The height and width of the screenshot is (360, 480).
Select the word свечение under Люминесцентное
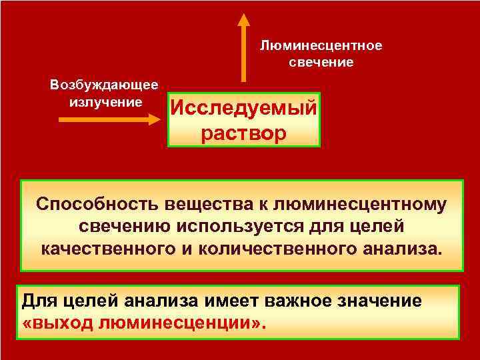pyautogui.click(x=321, y=62)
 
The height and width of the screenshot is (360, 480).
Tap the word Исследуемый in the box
pyautogui.click(x=243, y=107)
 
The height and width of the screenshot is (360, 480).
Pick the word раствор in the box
pyautogui.click(x=243, y=132)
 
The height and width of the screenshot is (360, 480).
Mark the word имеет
pyautogui.click(x=213, y=301)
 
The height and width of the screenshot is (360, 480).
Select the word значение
pyautogui.click(x=375, y=301)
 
